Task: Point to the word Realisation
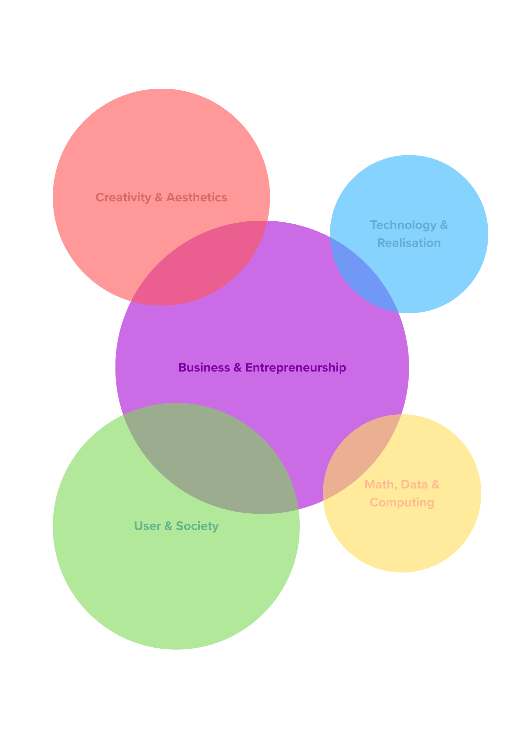[x=409, y=243]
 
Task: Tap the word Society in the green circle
[x=197, y=526]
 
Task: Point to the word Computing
[x=402, y=502]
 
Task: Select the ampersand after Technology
[x=444, y=225]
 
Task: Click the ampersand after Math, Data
[x=435, y=485]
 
